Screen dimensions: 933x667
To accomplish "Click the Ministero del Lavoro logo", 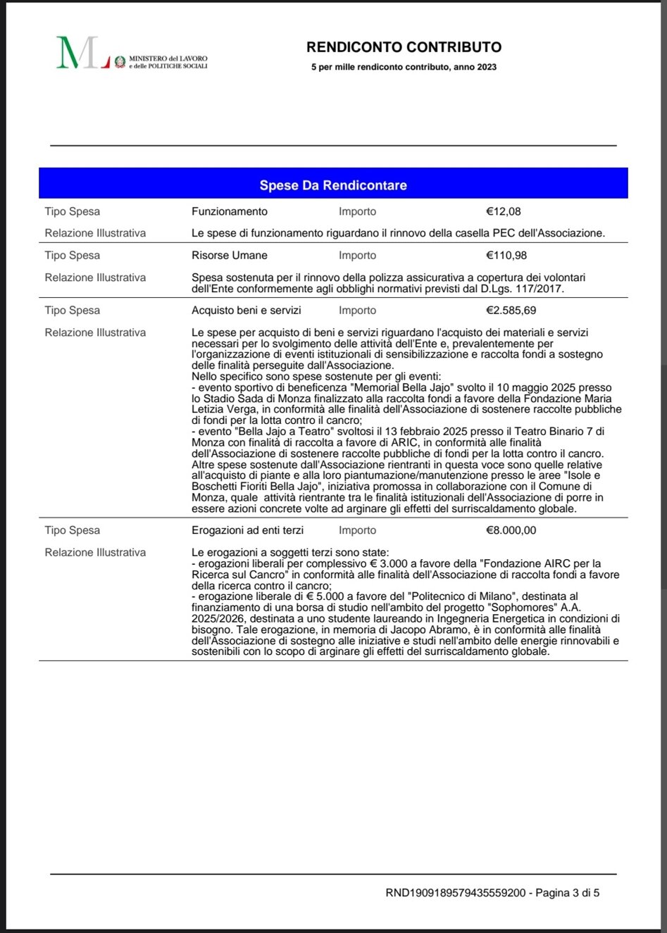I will pos(132,53).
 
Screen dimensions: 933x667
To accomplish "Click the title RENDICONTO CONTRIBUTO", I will pos(404,47).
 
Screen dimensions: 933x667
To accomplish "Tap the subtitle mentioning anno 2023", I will pos(404,68).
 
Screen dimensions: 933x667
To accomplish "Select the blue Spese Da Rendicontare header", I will pos(333,185).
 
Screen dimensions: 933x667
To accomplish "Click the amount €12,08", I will pos(503,211).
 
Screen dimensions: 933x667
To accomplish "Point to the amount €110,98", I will pos(506,256).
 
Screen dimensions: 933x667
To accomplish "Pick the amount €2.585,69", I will pos(511,311).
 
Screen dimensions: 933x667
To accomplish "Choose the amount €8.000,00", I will pos(511,530).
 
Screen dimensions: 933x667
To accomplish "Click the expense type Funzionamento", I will pos(229,211).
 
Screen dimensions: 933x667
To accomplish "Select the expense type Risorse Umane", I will pos(229,256).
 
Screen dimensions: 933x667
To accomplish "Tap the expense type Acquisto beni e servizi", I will pos(246,311).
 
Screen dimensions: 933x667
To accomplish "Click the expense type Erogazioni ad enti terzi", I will pos(247,530).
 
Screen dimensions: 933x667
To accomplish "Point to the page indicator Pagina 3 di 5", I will pos(568,893).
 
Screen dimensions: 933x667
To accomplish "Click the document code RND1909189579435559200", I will pos(456,893).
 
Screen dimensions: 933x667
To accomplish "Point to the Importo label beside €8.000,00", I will pos(357,530).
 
